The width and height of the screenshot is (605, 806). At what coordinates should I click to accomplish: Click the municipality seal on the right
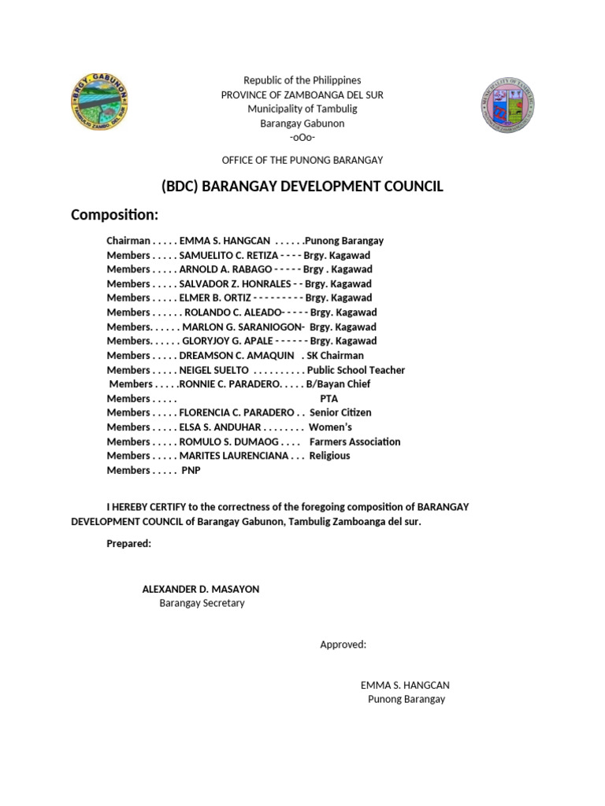[x=507, y=105]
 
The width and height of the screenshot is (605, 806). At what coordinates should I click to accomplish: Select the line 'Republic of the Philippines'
[x=302, y=80]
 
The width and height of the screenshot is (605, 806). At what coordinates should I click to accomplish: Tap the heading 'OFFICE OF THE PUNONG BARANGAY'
[x=302, y=160]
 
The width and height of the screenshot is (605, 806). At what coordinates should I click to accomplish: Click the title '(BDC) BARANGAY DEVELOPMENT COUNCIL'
[x=302, y=187]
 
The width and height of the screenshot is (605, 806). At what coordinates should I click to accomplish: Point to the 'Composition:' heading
[x=115, y=215]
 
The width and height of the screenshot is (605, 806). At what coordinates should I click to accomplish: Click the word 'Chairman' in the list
[x=128, y=241]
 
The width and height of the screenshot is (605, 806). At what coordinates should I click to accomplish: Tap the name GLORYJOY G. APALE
[x=228, y=341]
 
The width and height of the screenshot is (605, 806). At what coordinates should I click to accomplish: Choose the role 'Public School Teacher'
[x=356, y=370]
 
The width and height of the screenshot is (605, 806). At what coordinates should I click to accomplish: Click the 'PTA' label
[x=328, y=398]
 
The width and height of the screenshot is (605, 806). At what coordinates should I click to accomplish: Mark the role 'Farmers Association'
[x=354, y=442]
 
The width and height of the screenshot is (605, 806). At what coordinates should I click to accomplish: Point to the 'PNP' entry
[x=191, y=470]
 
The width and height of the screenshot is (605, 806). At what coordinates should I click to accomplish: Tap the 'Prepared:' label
[x=128, y=543]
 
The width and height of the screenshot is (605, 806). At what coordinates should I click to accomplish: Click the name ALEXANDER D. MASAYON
[x=200, y=589]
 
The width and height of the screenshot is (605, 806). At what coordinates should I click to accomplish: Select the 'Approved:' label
[x=343, y=645]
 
